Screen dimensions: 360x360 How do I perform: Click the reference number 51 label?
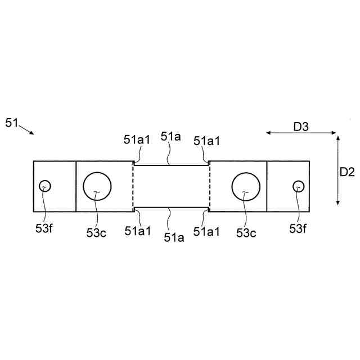pyautogui.click(x=12, y=122)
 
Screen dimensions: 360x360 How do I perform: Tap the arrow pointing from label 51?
pyautogui.click(x=26, y=129)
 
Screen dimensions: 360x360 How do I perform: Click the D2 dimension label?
pyautogui.click(x=347, y=173)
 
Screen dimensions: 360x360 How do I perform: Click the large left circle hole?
pyautogui.click(x=97, y=187)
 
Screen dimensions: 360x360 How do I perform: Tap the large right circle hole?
pyautogui.click(x=246, y=187)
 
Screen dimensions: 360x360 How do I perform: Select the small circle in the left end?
pyautogui.click(x=44, y=186)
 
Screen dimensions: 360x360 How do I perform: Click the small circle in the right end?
pyautogui.click(x=298, y=186)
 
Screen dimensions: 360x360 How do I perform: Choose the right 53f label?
pyautogui.click(x=299, y=228)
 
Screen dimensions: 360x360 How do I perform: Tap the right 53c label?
pyautogui.click(x=245, y=233)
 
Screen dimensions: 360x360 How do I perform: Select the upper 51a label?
pyautogui.click(x=171, y=137)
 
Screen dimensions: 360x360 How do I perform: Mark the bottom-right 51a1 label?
pyautogui.click(x=207, y=231)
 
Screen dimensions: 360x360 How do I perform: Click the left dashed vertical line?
pyautogui.click(x=133, y=187)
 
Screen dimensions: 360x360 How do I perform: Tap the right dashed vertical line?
pyautogui.click(x=209, y=187)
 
